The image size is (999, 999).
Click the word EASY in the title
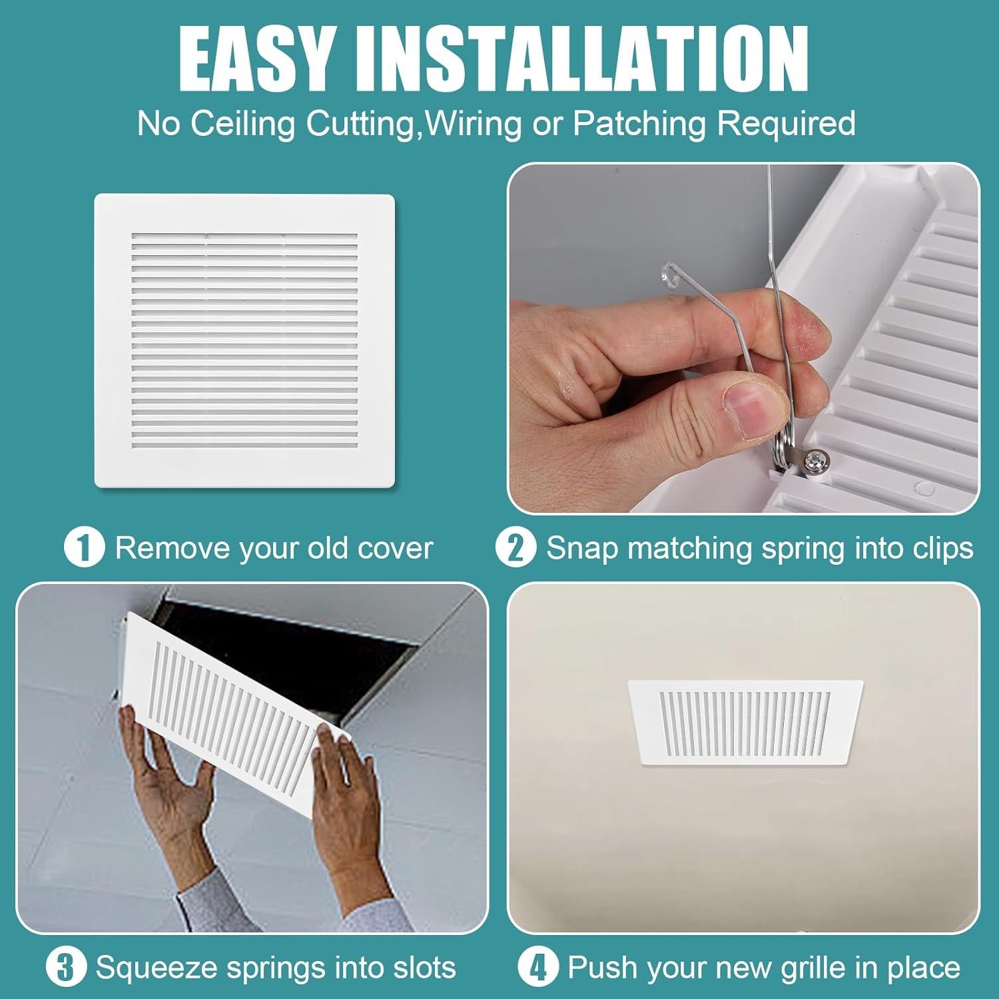click(256, 61)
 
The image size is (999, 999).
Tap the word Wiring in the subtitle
click(474, 123)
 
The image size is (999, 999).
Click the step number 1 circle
click(84, 548)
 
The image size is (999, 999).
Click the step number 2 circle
click(515, 548)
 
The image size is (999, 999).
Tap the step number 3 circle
click(66, 967)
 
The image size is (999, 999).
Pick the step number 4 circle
click(537, 967)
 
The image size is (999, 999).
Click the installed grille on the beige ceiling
click(745, 721)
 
